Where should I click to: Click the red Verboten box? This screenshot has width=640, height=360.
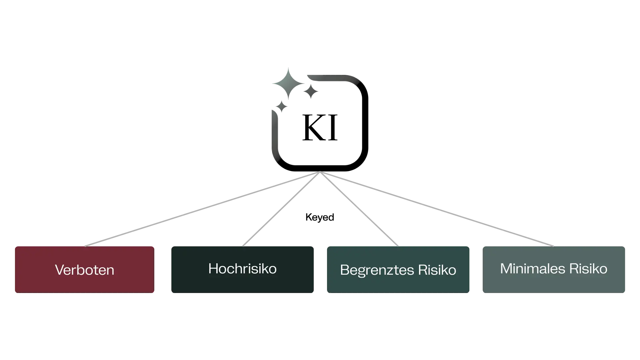(84, 269)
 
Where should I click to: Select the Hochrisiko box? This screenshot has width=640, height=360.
(242, 269)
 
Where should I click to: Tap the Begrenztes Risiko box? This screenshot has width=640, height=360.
(398, 269)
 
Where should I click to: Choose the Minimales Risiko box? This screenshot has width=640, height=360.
(554, 269)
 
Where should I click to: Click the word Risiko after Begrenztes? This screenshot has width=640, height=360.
(437, 270)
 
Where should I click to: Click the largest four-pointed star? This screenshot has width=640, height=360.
(288, 83)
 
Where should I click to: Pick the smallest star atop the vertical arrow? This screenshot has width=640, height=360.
(282, 107)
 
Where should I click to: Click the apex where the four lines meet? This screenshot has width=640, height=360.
(320, 173)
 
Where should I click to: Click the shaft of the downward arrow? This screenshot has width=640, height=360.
(274, 133)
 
